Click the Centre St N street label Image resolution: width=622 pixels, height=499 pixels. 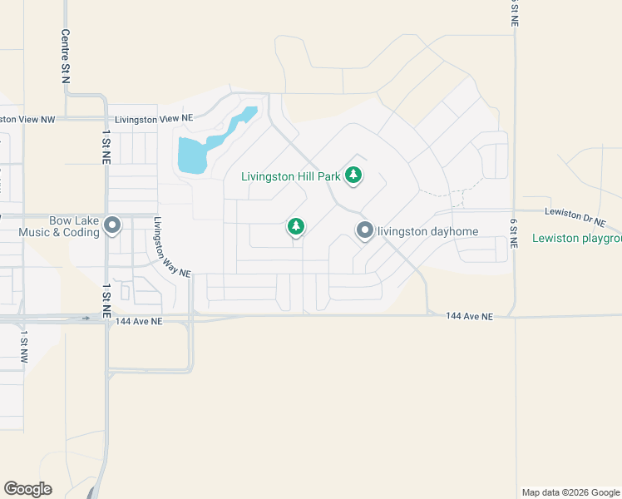pyautogui.click(x=64, y=57)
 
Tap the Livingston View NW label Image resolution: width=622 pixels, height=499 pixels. pyautogui.click(x=27, y=120)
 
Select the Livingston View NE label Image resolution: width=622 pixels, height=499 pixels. pyautogui.click(x=154, y=120)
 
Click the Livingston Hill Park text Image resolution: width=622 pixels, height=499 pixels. pyautogui.click(x=292, y=176)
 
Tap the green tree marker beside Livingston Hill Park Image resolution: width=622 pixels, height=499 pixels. pyautogui.click(x=354, y=175)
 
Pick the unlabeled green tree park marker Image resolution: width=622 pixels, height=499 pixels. pyautogui.click(x=295, y=226)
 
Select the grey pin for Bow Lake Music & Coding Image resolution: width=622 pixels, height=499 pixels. pyautogui.click(x=114, y=225)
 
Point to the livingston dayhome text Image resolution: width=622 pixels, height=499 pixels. pyautogui.click(x=427, y=231)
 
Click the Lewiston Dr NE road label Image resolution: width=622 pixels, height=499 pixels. pyautogui.click(x=576, y=218)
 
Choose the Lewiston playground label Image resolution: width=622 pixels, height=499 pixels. pyautogui.click(x=577, y=239)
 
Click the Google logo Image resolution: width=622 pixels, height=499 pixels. pyautogui.click(x=27, y=489)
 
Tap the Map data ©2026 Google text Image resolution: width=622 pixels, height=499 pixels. pyautogui.click(x=570, y=492)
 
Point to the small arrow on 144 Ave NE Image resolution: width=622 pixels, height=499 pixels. pyautogui.click(x=86, y=318)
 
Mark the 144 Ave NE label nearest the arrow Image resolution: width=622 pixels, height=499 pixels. pyautogui.click(x=139, y=321)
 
